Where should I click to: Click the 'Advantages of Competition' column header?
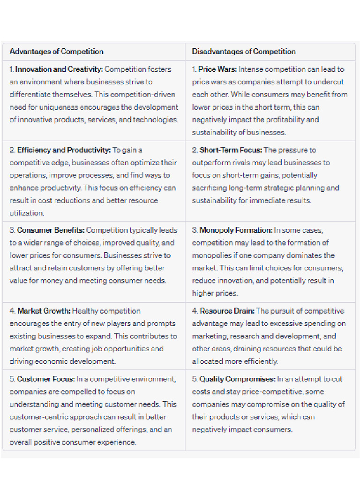[x=56, y=52]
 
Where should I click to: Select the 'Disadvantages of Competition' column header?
[x=244, y=52]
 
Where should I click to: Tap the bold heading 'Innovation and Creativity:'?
[x=59, y=69]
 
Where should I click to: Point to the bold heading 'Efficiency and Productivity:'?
[x=64, y=150]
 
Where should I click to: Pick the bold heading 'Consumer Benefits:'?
[x=51, y=230]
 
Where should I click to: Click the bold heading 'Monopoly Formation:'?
[x=236, y=230]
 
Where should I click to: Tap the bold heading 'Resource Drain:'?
[x=227, y=311]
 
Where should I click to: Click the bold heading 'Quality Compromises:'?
[x=237, y=379]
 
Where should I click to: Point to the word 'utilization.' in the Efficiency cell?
[x=27, y=213]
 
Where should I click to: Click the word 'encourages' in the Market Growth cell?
[x=29, y=323]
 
